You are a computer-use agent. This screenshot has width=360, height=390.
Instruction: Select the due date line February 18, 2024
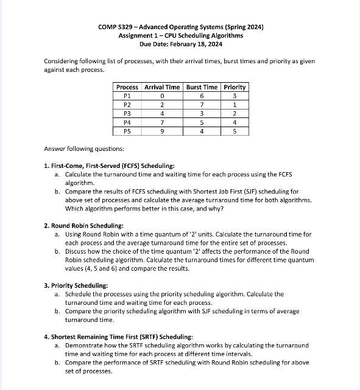pos(180,44)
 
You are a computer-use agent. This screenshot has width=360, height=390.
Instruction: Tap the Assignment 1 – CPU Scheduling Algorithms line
pos(180,36)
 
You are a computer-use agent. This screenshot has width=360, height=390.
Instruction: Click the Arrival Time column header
pos(162,87)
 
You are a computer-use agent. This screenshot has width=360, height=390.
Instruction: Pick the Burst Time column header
pos(202,87)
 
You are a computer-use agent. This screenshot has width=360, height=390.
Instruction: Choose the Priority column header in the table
pos(235,87)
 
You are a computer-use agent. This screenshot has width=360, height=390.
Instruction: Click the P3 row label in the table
pos(127,113)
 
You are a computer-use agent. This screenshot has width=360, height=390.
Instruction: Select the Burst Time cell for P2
pos(202,104)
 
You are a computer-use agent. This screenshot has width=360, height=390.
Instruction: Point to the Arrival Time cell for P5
pos(162,130)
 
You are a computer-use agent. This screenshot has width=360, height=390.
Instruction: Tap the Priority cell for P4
pos(235,122)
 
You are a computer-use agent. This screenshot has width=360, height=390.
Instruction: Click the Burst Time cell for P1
pos(202,96)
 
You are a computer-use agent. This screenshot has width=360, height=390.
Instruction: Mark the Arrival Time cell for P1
pos(162,96)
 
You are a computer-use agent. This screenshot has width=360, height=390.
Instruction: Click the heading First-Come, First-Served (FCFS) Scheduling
pos(113,166)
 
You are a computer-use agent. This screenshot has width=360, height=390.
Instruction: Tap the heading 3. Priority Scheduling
pos(76,285)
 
